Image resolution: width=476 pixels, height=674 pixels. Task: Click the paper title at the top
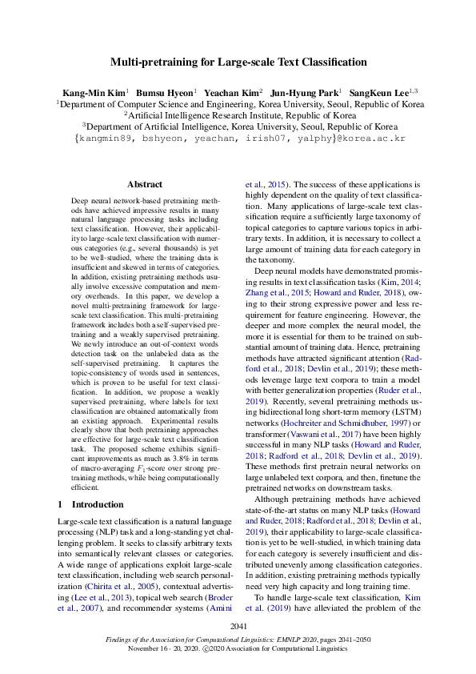click(x=238, y=62)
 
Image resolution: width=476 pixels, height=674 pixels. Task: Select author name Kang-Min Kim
click(x=92, y=92)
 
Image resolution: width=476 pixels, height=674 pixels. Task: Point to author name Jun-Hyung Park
click(x=306, y=92)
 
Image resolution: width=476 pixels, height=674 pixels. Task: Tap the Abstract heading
click(x=144, y=184)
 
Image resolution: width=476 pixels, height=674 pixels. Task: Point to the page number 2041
click(x=238, y=625)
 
